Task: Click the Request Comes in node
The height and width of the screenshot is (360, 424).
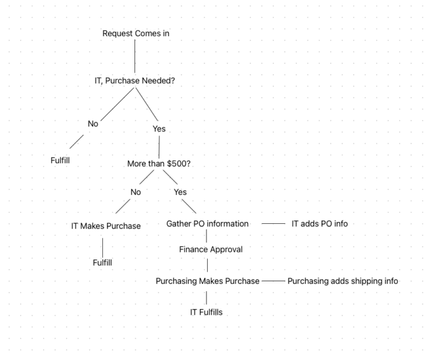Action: coord(136,33)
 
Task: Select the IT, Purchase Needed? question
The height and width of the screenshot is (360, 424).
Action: coord(134,80)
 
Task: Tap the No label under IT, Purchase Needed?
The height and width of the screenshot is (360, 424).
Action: coord(93,123)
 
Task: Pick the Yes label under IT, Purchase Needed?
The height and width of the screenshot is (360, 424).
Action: coord(159,129)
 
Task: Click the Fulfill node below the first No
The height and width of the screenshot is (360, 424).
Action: coord(60,160)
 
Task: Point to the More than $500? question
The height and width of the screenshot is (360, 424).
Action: coord(159,163)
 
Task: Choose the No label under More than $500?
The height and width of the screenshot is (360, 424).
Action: coord(136,192)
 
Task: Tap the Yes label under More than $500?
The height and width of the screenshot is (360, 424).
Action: coord(180,192)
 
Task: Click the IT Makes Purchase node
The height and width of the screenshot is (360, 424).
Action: coord(106,226)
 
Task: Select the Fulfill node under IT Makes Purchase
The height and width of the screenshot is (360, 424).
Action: coord(102,263)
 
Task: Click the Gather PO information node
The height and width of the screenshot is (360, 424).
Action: coord(207,224)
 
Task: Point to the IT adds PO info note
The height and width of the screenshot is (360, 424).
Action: coord(320,224)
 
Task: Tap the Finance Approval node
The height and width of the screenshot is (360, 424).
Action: coord(211,249)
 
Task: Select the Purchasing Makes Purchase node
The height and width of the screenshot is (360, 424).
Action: coord(208,281)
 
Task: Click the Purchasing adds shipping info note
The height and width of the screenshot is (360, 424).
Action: coord(343,281)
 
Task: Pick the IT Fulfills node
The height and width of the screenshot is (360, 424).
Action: coord(207,312)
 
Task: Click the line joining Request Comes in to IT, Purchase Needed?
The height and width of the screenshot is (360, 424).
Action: coord(135,56)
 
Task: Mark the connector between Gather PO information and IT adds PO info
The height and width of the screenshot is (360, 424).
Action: coord(273,224)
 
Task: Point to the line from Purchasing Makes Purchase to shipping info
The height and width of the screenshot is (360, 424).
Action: coord(273,281)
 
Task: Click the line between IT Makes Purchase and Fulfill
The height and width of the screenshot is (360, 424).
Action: coord(103,247)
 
